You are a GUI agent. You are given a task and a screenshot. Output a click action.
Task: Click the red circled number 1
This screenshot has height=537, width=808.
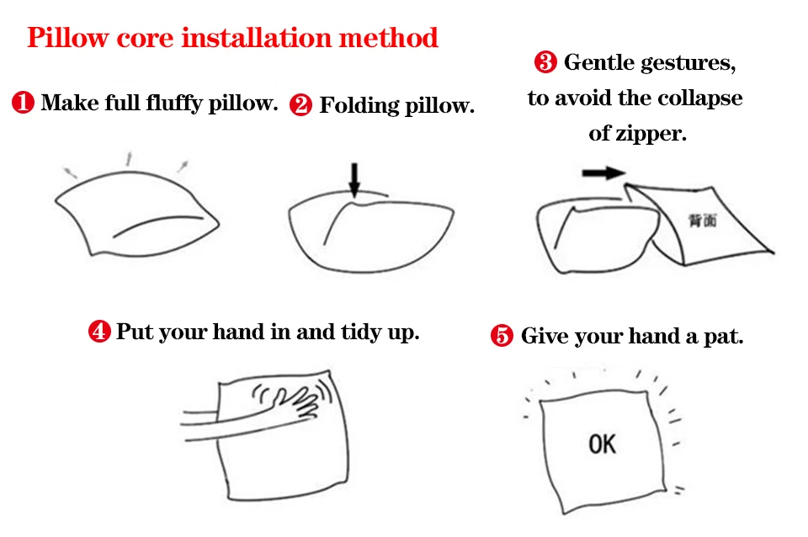[x=24, y=102]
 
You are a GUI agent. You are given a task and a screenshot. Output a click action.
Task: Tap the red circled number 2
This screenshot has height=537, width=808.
[x=300, y=105]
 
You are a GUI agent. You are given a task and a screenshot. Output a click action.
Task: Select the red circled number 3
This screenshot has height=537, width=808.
[x=545, y=62]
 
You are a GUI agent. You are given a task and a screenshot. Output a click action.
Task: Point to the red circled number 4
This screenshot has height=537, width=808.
[x=99, y=332]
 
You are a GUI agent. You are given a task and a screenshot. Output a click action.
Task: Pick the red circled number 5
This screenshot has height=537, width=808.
[x=502, y=336]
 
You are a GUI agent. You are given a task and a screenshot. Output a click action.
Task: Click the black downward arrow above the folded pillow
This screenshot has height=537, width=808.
[x=354, y=180]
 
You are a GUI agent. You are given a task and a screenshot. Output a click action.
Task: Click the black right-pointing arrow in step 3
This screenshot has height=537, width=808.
[x=604, y=173]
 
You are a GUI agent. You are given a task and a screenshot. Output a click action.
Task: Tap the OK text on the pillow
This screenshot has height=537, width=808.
[x=602, y=444]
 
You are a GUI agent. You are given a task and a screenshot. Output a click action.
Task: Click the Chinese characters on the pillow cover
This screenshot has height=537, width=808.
[x=703, y=221]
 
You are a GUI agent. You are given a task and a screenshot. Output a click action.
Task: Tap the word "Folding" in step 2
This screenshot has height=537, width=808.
[x=359, y=106]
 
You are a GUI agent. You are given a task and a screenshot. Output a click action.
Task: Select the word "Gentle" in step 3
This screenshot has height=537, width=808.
[x=599, y=62]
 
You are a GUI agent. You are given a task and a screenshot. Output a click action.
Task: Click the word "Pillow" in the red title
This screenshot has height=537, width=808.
[x=68, y=38]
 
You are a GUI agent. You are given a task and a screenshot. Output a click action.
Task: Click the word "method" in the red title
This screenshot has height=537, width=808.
[x=388, y=38]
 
